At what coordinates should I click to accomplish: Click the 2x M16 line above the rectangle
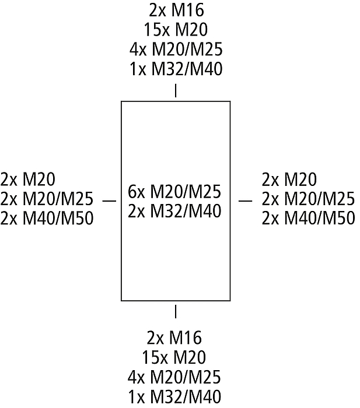coord(176,10)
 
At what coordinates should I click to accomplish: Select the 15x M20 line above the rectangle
coord(176,29)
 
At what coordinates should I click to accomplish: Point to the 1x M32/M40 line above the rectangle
coord(176,69)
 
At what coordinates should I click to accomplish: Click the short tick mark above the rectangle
coord(176,91)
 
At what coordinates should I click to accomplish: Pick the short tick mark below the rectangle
coord(176,311)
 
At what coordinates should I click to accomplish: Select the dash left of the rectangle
coord(109,201)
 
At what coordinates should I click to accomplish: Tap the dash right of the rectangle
coord(246,201)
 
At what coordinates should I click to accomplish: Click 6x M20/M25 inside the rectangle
coord(175,191)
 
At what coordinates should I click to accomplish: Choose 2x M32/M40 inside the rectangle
coord(175,210)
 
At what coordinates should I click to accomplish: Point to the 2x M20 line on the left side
coord(28,179)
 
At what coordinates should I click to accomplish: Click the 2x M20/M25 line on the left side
coord(47,199)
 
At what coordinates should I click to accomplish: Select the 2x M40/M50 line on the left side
coord(47,219)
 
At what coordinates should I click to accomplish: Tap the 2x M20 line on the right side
coord(289,179)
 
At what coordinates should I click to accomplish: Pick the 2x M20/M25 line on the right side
coord(308,199)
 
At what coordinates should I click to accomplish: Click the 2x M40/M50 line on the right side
coord(308,219)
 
